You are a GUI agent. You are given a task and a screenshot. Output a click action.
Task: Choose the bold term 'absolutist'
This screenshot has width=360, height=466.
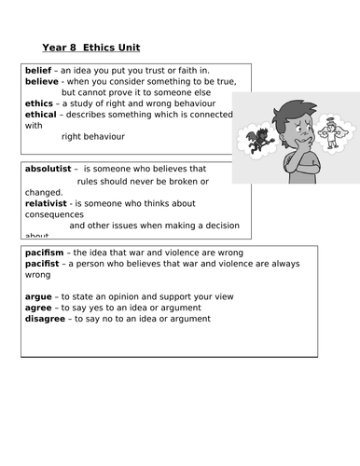coord(45,169)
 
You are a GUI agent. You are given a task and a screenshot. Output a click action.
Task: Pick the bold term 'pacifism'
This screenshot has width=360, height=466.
coord(42,253)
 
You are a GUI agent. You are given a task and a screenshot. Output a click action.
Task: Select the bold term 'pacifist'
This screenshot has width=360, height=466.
coord(40,264)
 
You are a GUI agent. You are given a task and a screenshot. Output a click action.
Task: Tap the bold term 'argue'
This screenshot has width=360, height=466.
coord(33,296)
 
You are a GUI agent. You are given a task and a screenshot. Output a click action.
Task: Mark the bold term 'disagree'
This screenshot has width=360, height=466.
coord(40,319)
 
